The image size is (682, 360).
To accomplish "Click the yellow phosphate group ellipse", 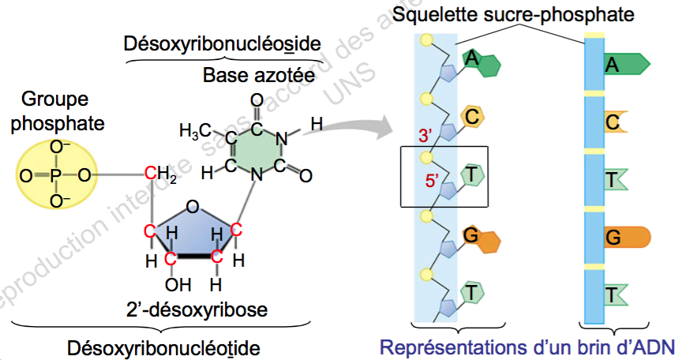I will [55, 174].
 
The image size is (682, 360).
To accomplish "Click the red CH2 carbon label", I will [159, 174].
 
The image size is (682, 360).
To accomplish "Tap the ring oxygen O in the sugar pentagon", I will [192, 208].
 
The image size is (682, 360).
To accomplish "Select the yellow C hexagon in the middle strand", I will [473, 117].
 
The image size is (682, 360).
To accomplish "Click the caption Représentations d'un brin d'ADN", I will [528, 347].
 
